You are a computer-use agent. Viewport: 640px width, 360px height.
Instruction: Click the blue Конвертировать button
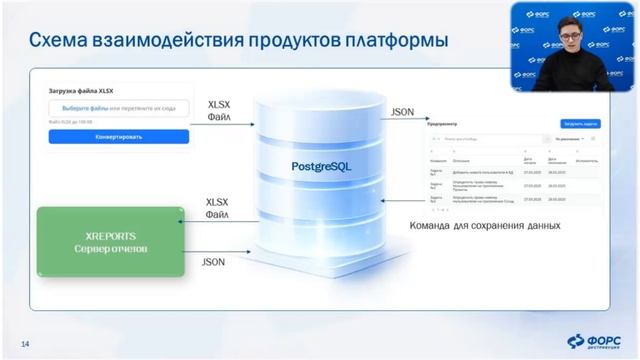pos(119,137)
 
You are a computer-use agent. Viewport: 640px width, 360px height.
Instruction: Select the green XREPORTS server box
pos(111,241)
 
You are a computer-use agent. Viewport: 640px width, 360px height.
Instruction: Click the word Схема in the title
pos(65,41)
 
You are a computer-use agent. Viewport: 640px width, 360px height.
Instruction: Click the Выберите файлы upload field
pos(119,108)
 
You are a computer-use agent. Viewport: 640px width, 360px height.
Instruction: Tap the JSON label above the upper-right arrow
pos(403,112)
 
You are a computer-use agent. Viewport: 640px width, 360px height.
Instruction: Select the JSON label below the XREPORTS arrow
pos(213,263)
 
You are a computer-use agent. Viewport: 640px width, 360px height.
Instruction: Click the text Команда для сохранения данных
pos(485,226)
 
